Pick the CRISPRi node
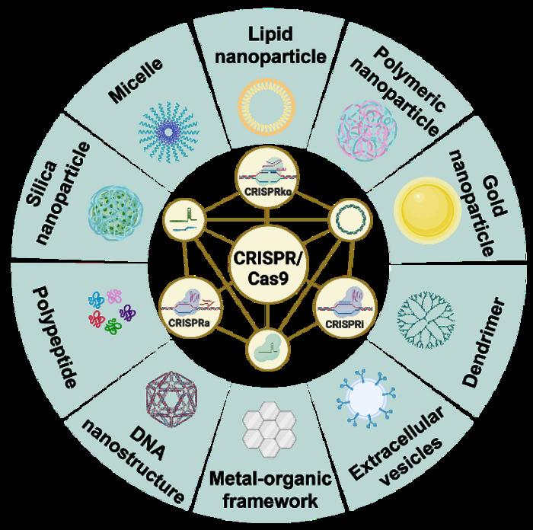pos(346,306)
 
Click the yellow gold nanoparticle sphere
pos(427,211)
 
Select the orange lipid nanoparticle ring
pos(266,107)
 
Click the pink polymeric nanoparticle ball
pos(367,130)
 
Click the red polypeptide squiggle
pos(96,318)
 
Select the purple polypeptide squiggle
pos(127,313)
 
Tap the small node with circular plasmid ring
pos(350,221)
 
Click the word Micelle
pos(136,81)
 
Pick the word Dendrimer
pos(484,343)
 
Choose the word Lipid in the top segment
pos(270,35)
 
